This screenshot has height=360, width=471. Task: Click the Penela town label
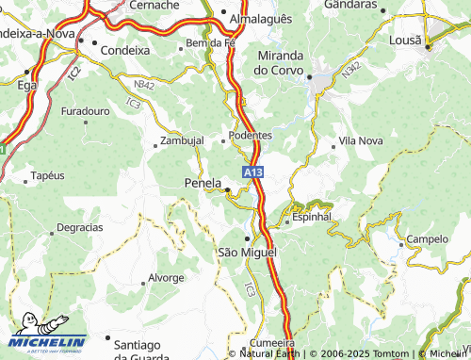pos(203,182)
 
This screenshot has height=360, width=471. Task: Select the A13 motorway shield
pos(252,173)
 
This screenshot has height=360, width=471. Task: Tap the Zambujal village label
pos(182,140)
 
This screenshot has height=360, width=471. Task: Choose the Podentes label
pos(251,135)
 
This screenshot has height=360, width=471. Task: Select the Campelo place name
pos(427,239)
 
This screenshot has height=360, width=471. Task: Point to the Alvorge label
pos(166,278)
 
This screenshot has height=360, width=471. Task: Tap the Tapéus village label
pos(47,175)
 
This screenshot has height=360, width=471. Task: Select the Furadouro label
pos(86,111)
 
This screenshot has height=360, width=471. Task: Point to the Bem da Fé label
pos(209,43)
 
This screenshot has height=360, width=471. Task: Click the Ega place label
pos(27,84)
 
